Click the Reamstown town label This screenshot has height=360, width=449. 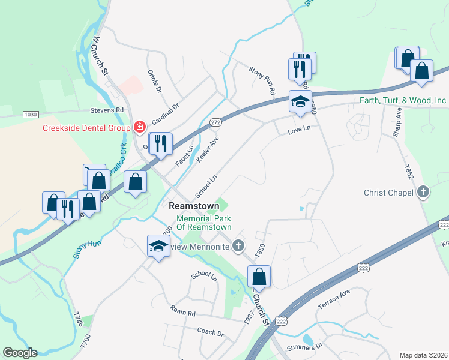click(194, 206)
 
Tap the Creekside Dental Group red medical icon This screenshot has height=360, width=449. click(139, 127)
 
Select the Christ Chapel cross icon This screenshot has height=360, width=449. click(423, 193)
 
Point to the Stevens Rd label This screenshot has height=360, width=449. click(107, 110)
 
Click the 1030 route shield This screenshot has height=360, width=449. click(31, 114)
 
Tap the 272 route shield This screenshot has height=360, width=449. click(216, 122)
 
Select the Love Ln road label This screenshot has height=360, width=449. click(298, 128)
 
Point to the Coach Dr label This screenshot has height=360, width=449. click(210, 332)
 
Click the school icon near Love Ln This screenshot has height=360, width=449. click(300, 101)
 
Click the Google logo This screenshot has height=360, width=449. click(20, 353)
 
